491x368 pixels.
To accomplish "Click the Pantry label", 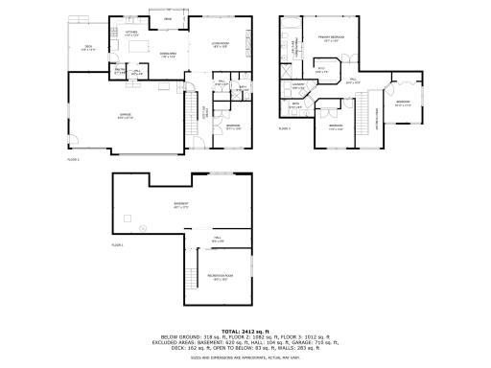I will [x=121, y=70].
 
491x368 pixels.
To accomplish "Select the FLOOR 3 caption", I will [x=285, y=127].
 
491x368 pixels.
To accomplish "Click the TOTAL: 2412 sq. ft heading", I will [x=245, y=331].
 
